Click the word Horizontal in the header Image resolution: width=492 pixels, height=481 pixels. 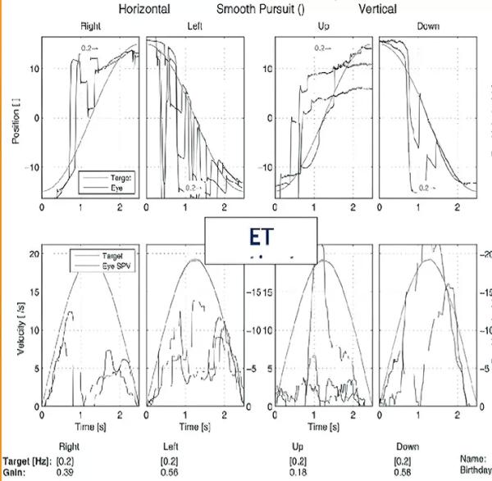coord(144,9)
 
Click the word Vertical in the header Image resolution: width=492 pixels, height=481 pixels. coord(377,9)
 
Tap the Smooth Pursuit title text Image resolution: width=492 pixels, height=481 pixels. coord(260,9)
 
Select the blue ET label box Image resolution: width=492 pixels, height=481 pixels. coord(261,240)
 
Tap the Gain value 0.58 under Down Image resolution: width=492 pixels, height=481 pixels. coord(403,473)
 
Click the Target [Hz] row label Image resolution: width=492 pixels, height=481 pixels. coord(26,461)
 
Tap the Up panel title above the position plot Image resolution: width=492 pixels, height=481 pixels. coord(325,26)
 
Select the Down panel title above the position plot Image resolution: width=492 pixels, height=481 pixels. coord(427,26)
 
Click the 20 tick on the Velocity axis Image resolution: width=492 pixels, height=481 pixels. coord(33,254)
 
